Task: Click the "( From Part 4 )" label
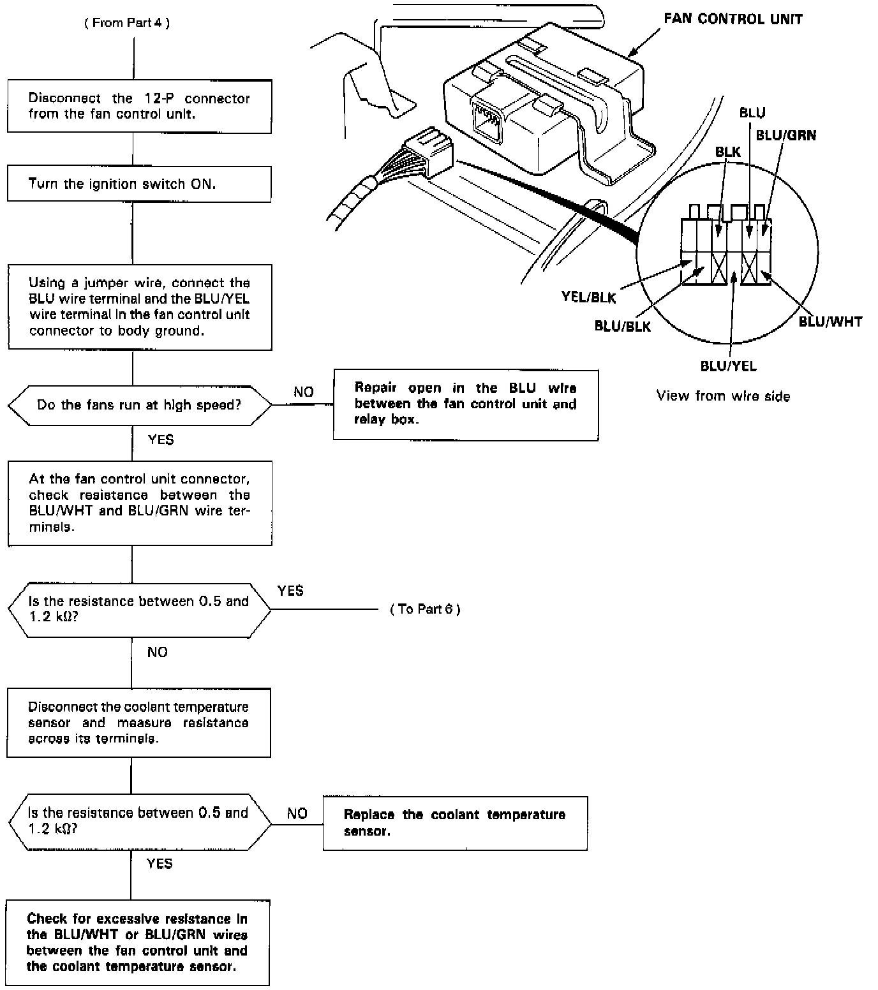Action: pyautogui.click(x=128, y=23)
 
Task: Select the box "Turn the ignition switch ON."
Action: pyautogui.click(x=139, y=184)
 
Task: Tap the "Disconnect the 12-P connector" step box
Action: pyautogui.click(x=139, y=107)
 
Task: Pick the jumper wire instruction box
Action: pyautogui.click(x=139, y=307)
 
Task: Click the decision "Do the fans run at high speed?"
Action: pyautogui.click(x=139, y=405)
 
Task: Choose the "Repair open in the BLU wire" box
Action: pyautogui.click(x=466, y=404)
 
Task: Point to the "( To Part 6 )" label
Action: pyautogui.click(x=425, y=609)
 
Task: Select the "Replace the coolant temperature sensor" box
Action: pyautogui.click(x=454, y=823)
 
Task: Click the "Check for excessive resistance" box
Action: pyautogui.click(x=137, y=942)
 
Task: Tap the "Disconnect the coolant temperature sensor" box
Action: pyautogui.click(x=138, y=723)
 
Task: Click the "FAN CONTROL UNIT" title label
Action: pyautogui.click(x=733, y=19)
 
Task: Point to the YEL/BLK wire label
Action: pyautogui.click(x=588, y=297)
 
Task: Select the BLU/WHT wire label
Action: pyautogui.click(x=830, y=321)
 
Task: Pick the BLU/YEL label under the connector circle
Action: pyautogui.click(x=728, y=366)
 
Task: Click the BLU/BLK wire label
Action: pyautogui.click(x=622, y=327)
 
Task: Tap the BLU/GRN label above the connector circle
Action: pyautogui.click(x=785, y=135)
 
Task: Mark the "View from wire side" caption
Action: pyautogui.click(x=723, y=396)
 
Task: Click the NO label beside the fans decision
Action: pyautogui.click(x=304, y=392)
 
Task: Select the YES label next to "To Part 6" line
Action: pyautogui.click(x=290, y=591)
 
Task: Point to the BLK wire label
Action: pyautogui.click(x=728, y=152)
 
